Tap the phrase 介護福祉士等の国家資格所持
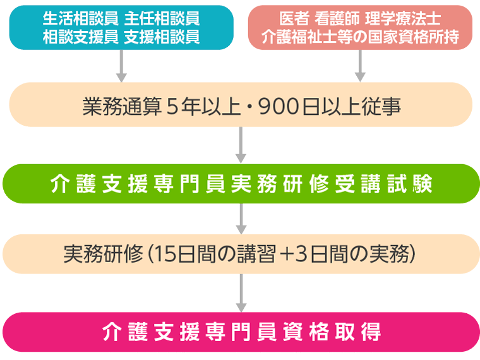pyautogui.click(x=360, y=37)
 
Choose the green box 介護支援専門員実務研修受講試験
pyautogui.click(x=240, y=183)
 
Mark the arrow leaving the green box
pyautogui.click(x=240, y=218)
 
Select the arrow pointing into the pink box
pyautogui.click(x=240, y=292)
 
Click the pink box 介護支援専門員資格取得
pyautogui.click(x=240, y=332)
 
